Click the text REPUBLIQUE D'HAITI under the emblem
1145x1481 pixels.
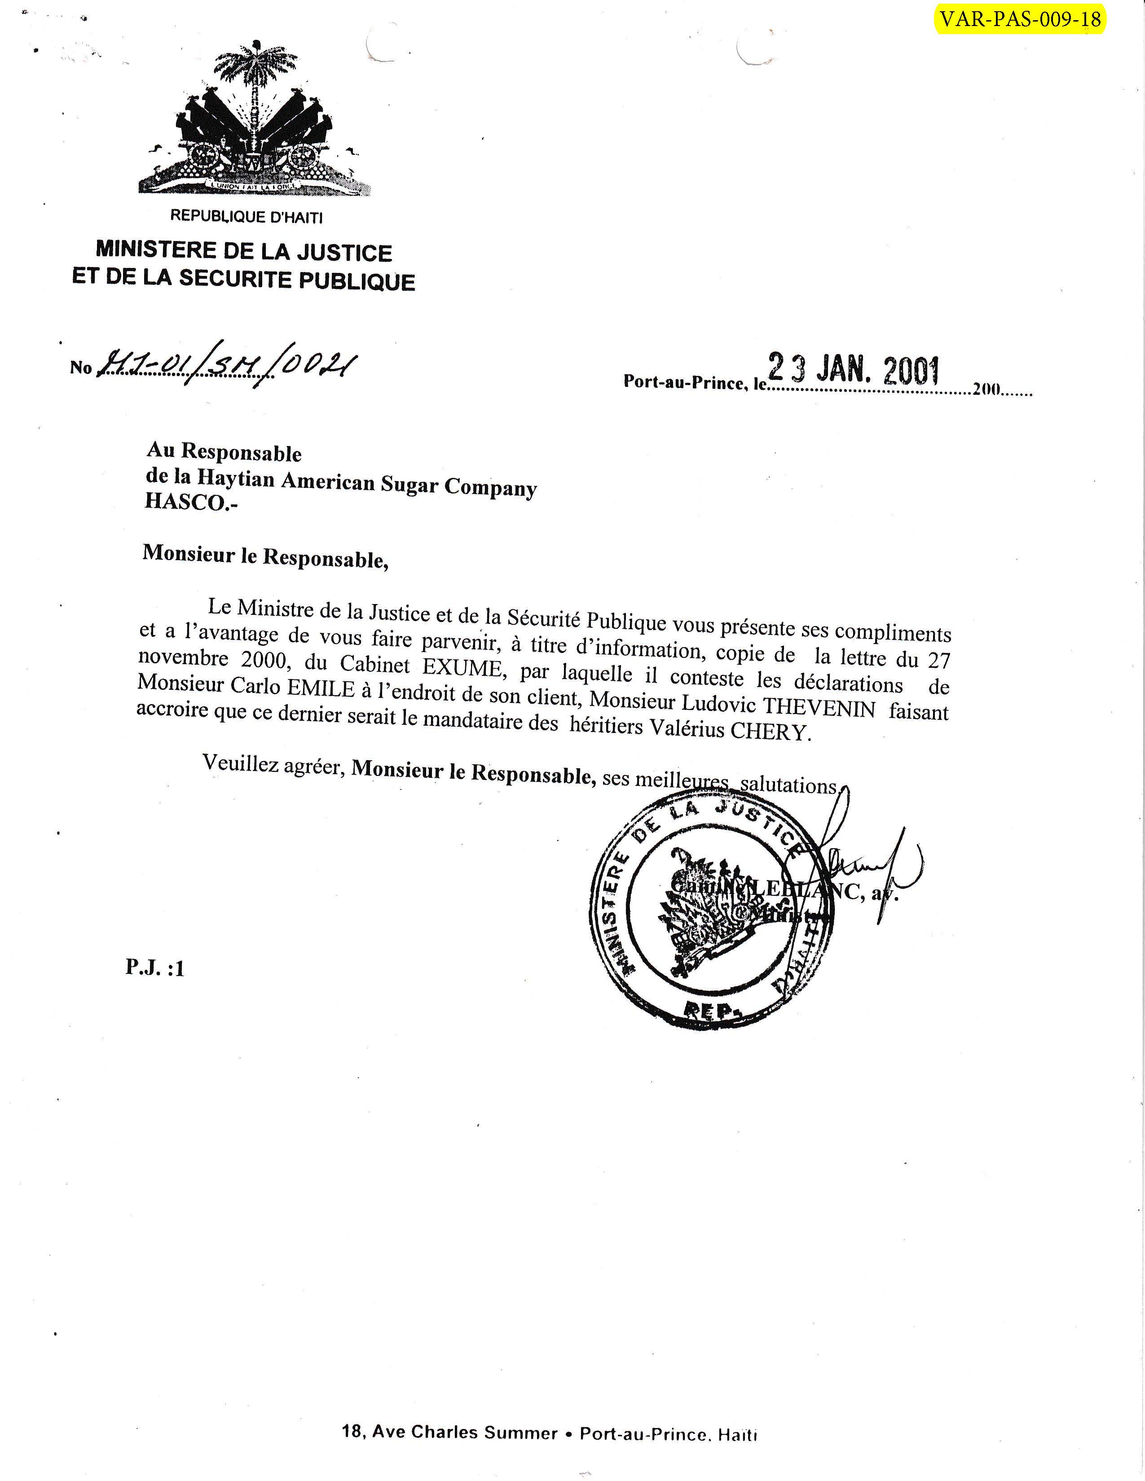coord(246,217)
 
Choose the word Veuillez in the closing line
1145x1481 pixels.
coord(239,764)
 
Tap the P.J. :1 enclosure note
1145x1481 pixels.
coord(154,968)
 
